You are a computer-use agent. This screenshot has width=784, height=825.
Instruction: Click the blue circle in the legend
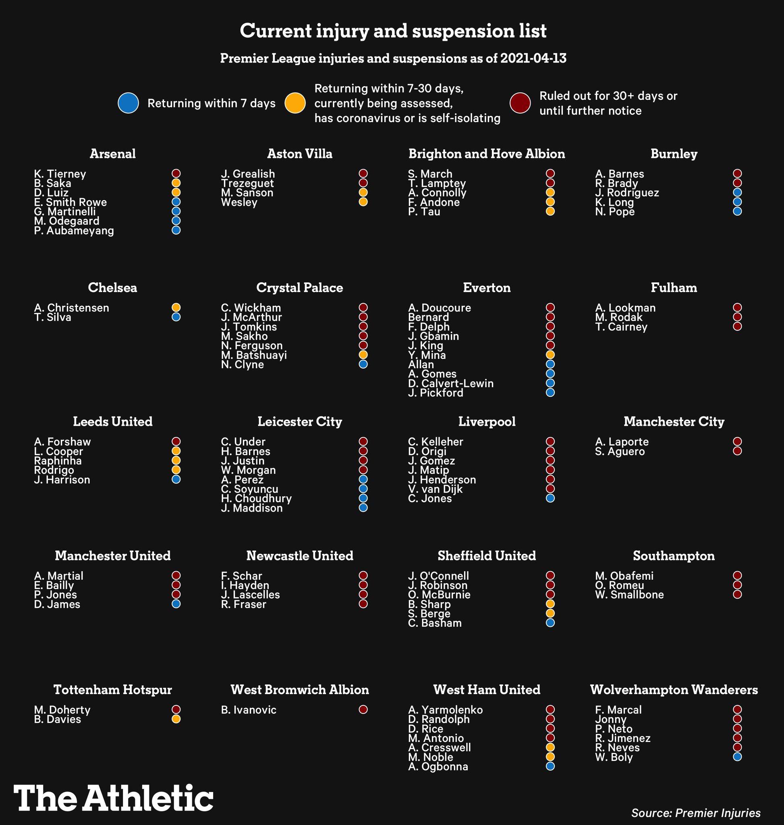(x=128, y=103)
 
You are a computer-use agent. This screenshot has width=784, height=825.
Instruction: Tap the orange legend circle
(x=295, y=103)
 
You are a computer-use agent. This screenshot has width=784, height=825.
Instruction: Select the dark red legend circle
(x=520, y=103)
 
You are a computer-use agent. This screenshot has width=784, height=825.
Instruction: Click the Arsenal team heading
(x=112, y=154)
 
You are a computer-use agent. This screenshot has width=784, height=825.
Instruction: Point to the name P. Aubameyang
(x=74, y=231)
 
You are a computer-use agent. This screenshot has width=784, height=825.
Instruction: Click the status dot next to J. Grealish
(x=363, y=174)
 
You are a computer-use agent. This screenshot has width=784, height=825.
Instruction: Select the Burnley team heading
(x=674, y=154)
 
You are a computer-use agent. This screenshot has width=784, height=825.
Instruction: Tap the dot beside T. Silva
(x=176, y=317)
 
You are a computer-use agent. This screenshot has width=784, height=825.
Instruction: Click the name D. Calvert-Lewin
(x=450, y=383)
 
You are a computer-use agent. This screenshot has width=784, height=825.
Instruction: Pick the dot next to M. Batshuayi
(x=363, y=355)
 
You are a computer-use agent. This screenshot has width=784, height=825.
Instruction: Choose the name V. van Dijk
(x=435, y=489)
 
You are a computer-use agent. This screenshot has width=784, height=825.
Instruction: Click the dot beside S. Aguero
(x=737, y=451)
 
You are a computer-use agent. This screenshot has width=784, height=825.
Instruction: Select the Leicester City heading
(x=300, y=421)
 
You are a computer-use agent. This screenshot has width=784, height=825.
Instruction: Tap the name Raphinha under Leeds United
(x=58, y=460)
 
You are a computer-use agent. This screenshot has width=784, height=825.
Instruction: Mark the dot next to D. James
(x=176, y=604)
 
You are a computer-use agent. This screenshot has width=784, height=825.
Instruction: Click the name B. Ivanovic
(x=249, y=710)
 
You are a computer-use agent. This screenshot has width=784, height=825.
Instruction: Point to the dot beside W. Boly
(x=737, y=757)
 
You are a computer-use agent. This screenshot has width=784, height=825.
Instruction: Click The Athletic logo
(x=113, y=798)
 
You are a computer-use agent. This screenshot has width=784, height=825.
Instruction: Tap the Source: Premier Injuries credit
(x=696, y=813)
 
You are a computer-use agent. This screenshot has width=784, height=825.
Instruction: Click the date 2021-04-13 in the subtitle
(x=533, y=58)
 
